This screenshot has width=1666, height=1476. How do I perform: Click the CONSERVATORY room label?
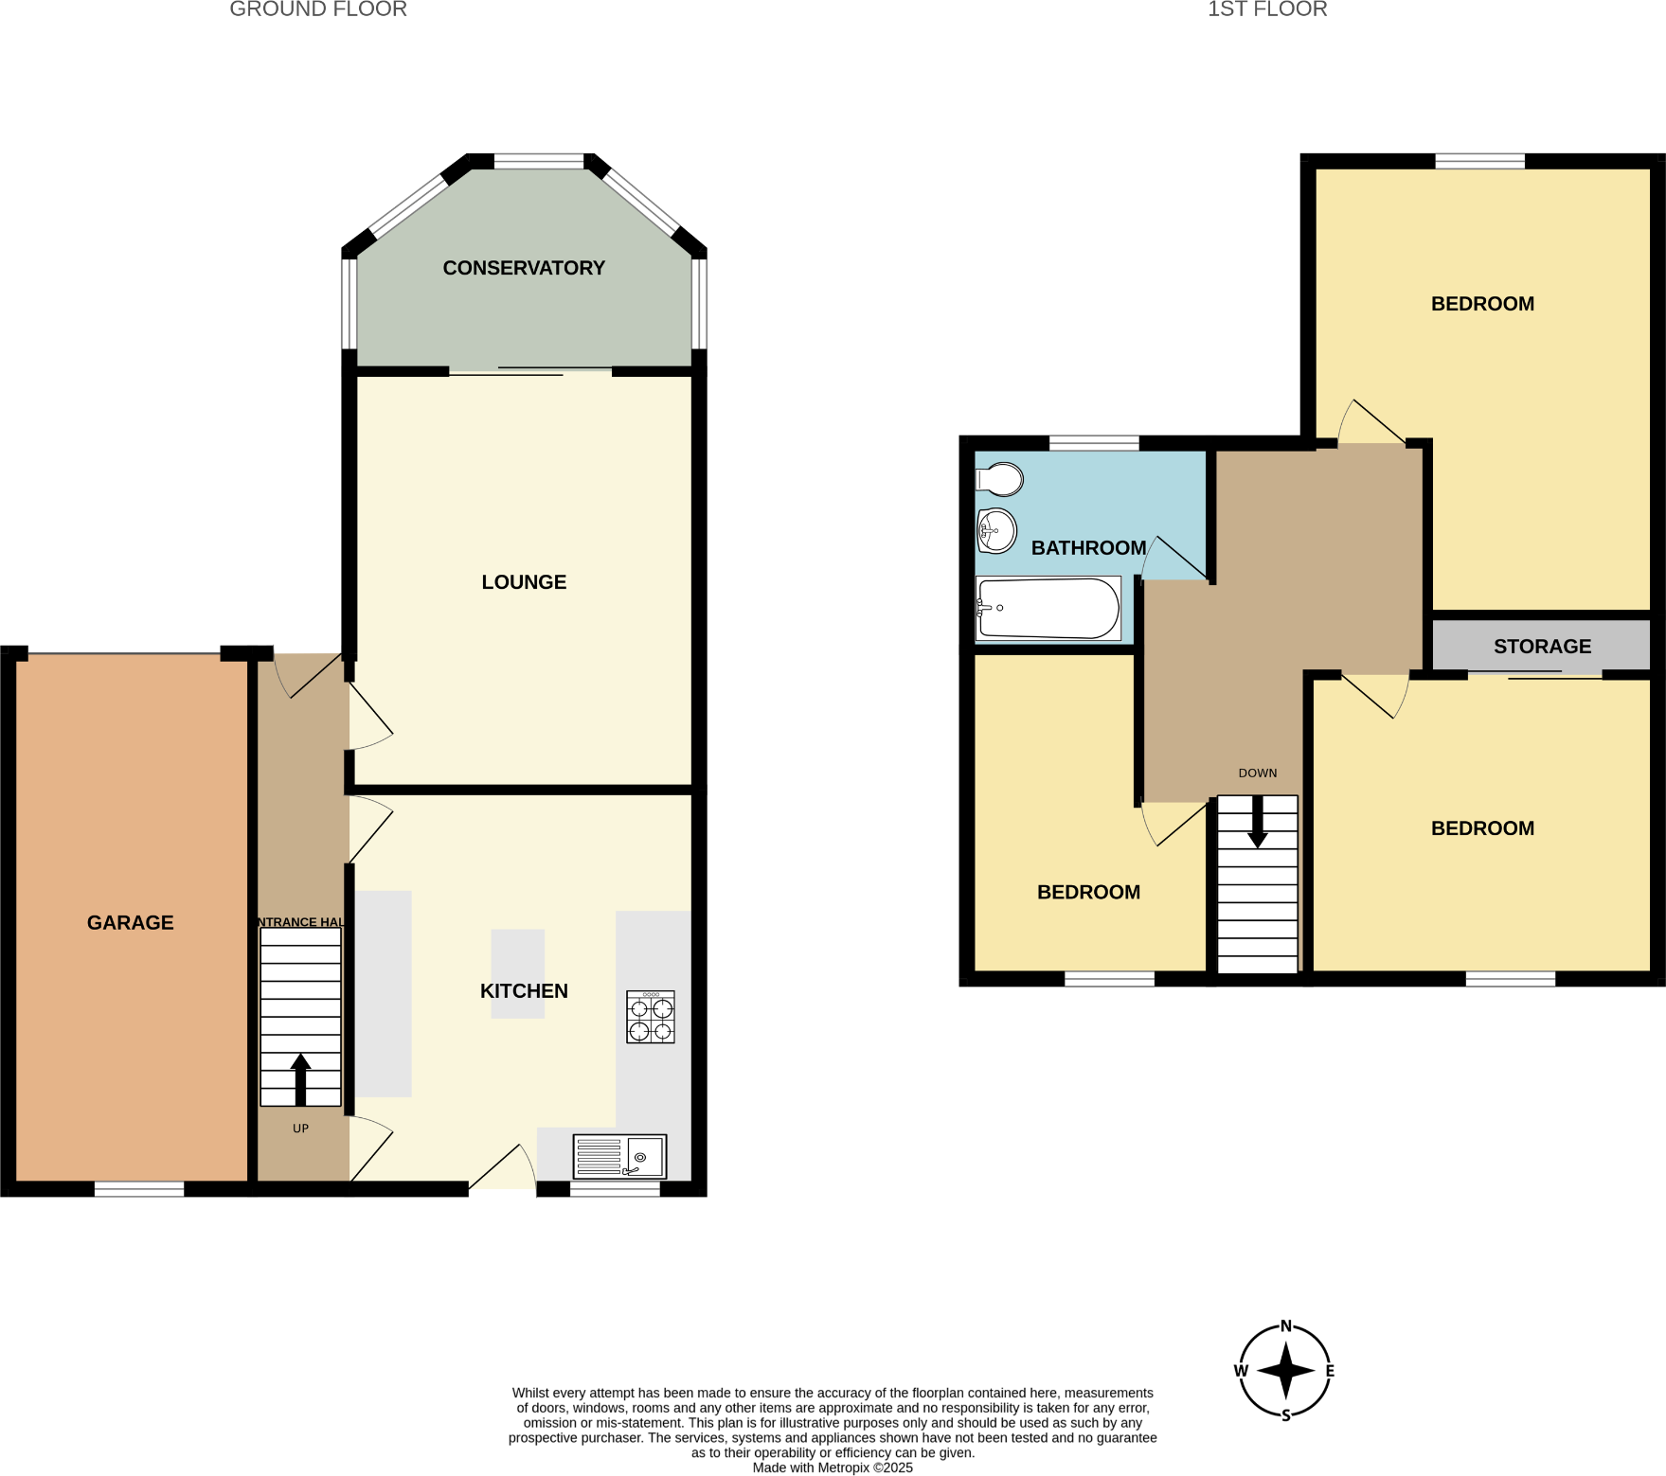[x=524, y=268]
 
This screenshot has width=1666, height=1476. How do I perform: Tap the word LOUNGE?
[x=524, y=582]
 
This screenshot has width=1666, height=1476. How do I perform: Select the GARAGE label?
[x=131, y=922]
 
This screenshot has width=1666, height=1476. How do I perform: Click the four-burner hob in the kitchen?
[x=651, y=1017]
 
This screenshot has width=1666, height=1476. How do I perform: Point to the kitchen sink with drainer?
[x=619, y=1156]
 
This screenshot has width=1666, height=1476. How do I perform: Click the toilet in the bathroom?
[x=1000, y=479]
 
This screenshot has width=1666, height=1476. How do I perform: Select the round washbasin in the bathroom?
[x=996, y=530]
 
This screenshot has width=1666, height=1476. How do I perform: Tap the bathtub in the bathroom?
[x=1048, y=609]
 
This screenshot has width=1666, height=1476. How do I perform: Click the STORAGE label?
[x=1542, y=647]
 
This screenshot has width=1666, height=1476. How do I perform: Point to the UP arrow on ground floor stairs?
[x=300, y=1079]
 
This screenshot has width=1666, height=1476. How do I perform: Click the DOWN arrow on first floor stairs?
[x=1257, y=822]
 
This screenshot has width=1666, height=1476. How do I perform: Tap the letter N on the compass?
[x=1285, y=1325]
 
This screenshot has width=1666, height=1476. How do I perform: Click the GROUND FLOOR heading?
[x=318, y=9]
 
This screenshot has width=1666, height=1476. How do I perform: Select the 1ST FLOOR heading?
[x=1267, y=9]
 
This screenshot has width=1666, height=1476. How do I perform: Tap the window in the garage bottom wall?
[x=139, y=1189]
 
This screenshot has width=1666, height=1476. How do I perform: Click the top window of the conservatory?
[x=539, y=162]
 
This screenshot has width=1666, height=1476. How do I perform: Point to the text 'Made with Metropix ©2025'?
[x=833, y=1467]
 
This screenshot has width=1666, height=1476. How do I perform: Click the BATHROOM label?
[x=1088, y=548]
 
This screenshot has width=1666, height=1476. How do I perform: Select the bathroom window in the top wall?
[x=1094, y=443]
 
